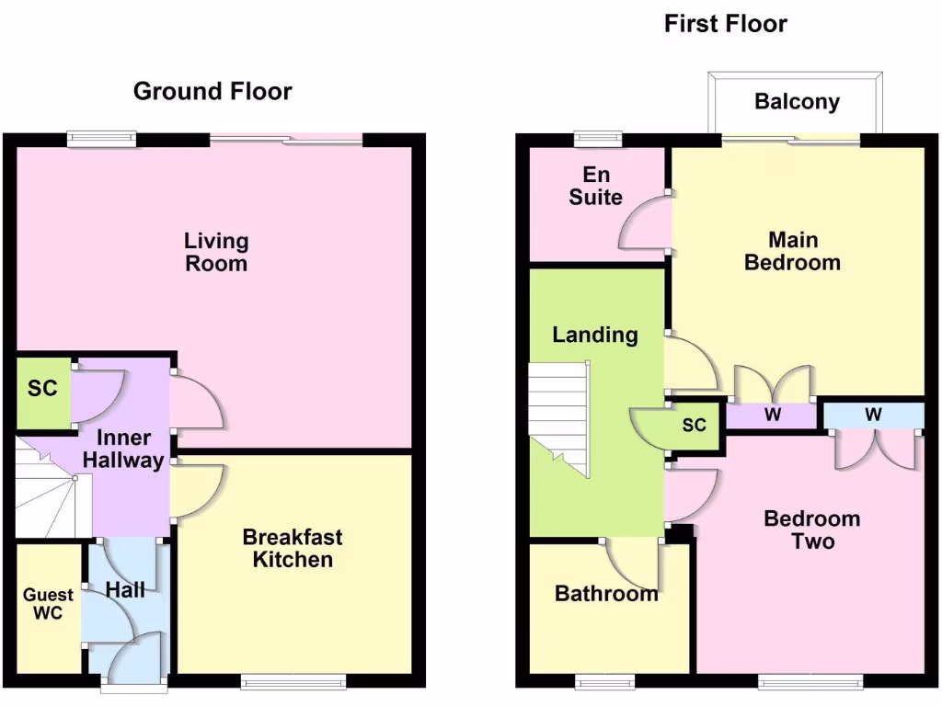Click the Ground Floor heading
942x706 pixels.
click(x=213, y=91)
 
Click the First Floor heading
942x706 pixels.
click(x=725, y=23)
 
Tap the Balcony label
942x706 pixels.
click(x=797, y=101)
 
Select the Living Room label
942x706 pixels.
click(x=216, y=252)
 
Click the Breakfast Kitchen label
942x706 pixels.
click(x=293, y=547)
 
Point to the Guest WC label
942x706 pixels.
click(x=48, y=604)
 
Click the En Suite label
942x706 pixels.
click(x=595, y=186)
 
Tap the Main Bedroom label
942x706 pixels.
click(x=792, y=251)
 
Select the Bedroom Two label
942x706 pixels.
click(x=811, y=529)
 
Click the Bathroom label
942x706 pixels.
click(x=606, y=594)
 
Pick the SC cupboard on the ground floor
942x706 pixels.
click(x=42, y=390)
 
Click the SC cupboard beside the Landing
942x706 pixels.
click(x=694, y=426)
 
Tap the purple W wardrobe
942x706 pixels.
click(x=772, y=416)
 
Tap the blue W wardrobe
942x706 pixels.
click(x=872, y=416)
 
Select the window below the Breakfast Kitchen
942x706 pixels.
click(x=293, y=681)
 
